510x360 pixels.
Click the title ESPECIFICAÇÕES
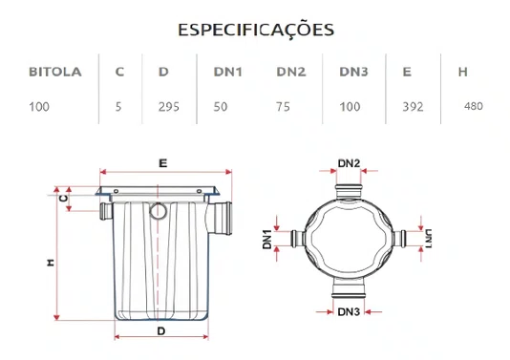255,29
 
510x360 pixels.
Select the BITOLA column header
55,72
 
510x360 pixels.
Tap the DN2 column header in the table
291,72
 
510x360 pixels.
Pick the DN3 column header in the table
354,72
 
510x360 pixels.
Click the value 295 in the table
168,106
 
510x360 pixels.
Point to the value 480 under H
472,105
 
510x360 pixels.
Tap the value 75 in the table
284,106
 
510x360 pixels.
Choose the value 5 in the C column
118,106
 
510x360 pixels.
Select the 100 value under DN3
350,106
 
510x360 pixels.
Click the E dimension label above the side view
163,163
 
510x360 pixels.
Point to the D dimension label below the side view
161,329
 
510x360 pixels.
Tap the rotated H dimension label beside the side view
49,262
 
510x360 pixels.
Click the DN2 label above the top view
349,163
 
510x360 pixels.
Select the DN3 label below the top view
349,312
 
